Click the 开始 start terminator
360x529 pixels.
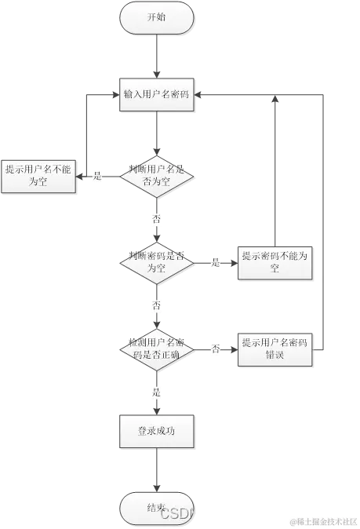coord(156,17)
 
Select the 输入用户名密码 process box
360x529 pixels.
coord(156,94)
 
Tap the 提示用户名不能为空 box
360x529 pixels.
coord(38,175)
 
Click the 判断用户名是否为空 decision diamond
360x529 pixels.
coord(156,176)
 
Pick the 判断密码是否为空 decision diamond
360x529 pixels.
coord(156,262)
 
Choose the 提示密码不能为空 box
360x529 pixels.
coord(275,262)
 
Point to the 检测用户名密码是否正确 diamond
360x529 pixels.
coord(156,348)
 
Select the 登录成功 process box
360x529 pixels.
coord(156,431)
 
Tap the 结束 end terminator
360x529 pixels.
coord(156,509)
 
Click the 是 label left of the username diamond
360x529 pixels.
coord(98,176)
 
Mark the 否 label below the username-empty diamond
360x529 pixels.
coord(157,219)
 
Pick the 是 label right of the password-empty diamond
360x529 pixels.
coord(215,262)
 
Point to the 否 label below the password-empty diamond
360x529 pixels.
coord(157,305)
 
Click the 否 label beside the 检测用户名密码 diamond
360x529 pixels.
coord(215,348)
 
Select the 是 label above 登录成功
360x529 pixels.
coord(157,390)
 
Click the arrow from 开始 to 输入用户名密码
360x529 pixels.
coord(156,56)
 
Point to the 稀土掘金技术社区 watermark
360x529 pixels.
coord(323,521)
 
